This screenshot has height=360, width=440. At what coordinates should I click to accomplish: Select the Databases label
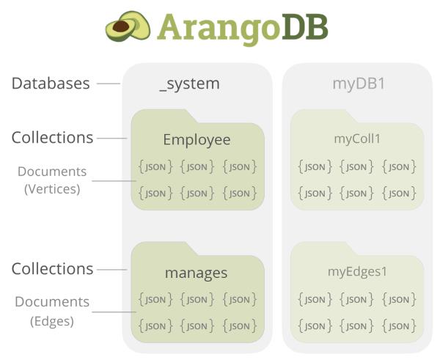[x=51, y=83]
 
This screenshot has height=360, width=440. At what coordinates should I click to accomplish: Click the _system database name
[x=189, y=84]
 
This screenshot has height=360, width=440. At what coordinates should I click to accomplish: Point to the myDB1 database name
[x=359, y=84]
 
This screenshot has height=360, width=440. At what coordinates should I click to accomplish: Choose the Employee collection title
[x=197, y=139]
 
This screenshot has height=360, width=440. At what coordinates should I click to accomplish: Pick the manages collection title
[x=197, y=273]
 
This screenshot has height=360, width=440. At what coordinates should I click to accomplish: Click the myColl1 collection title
[x=357, y=139]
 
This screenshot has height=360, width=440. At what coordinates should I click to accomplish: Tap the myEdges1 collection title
[x=357, y=272]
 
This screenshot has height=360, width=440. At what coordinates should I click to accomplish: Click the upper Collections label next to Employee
[x=52, y=137]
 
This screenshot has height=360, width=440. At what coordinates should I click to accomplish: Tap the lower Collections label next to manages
[x=52, y=268]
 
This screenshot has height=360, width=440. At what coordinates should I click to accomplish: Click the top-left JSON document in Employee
[x=155, y=167]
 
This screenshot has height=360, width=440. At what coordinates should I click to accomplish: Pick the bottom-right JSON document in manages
[x=240, y=326]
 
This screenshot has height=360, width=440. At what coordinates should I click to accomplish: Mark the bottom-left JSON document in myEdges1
[x=315, y=326]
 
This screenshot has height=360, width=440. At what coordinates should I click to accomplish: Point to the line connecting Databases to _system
[x=108, y=84]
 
